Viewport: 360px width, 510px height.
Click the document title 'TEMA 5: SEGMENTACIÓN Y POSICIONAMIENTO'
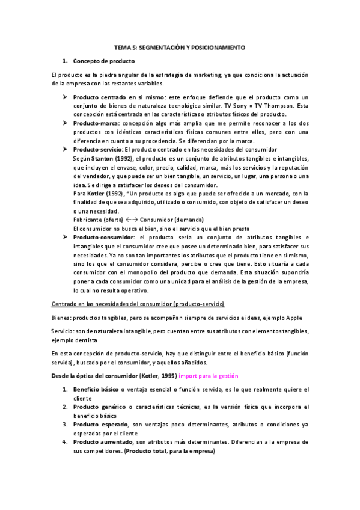pyautogui.click(x=180, y=46)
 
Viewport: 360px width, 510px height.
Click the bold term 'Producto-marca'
pyautogui.click(x=95, y=123)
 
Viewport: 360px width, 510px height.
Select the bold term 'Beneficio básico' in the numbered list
pyautogui.click(x=96, y=389)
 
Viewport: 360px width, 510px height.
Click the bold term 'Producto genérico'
pyautogui.click(x=98, y=407)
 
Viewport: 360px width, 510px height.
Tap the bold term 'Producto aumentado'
pyautogui.click(x=100, y=441)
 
